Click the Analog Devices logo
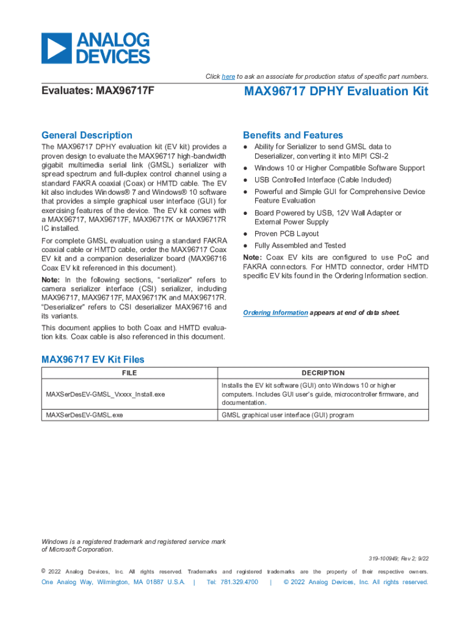click(95, 49)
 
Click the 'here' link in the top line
click(228, 76)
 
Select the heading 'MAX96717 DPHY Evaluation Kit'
click(336, 92)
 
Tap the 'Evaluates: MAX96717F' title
click(98, 92)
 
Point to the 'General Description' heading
click(87, 135)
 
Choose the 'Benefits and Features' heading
click(293, 135)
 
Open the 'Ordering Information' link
click(275, 312)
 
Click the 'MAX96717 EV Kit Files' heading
click(93, 359)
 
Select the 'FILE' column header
click(129, 373)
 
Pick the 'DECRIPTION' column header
click(323, 373)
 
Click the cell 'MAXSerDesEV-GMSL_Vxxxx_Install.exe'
click(106, 394)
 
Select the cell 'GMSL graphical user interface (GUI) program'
click(287, 415)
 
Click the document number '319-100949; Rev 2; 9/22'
click(399, 558)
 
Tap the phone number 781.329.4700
click(233, 582)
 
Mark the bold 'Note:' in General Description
click(51, 280)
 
